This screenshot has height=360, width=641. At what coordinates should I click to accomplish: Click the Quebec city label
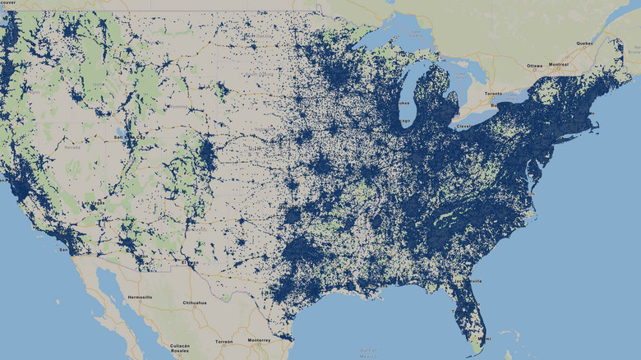583,44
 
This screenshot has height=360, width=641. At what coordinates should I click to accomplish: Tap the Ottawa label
535,65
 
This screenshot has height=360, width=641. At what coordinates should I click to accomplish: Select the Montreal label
559,65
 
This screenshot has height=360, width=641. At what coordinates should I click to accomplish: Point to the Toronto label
493,95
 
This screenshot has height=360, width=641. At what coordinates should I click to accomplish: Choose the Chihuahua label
194,303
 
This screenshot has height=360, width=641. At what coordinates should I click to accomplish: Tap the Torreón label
224,340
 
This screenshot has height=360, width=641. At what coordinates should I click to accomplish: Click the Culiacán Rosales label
181,349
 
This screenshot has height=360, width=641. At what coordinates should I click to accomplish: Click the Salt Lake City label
122,136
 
